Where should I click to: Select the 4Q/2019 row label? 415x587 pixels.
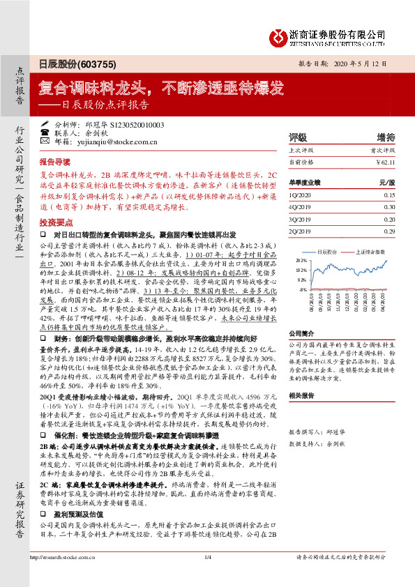click(299, 207)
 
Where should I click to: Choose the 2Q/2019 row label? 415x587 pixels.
click(299, 229)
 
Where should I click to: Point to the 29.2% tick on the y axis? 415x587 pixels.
click(301, 259)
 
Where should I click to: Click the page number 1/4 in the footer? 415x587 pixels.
click(206, 576)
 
